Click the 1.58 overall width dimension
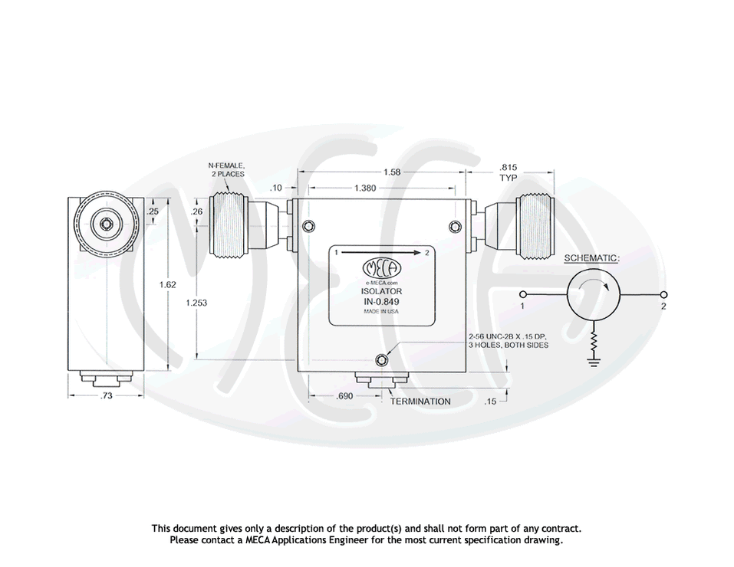pyautogui.click(x=391, y=172)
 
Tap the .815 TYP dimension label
pyautogui.click(x=508, y=172)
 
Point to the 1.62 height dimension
pyautogui.click(x=167, y=285)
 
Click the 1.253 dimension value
pyautogui.click(x=196, y=303)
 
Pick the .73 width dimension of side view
pyautogui.click(x=106, y=396)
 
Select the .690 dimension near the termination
pyautogui.click(x=344, y=396)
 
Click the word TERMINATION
pyautogui.click(x=420, y=401)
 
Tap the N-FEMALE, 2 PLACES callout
pyautogui.click(x=226, y=169)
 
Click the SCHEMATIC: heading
pyautogui.click(x=591, y=258)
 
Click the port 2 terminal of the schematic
pyautogui.click(x=663, y=296)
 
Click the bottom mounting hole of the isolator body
pyautogui.click(x=382, y=360)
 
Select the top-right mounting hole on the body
pyautogui.click(x=456, y=225)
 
